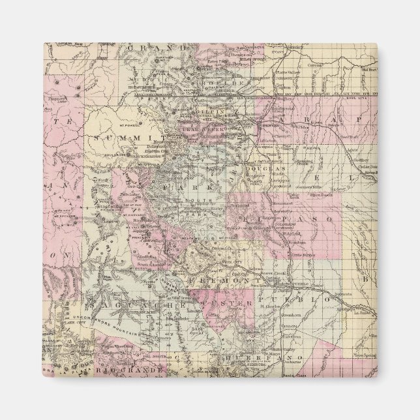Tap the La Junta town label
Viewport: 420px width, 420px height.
click(x=362, y=312)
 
